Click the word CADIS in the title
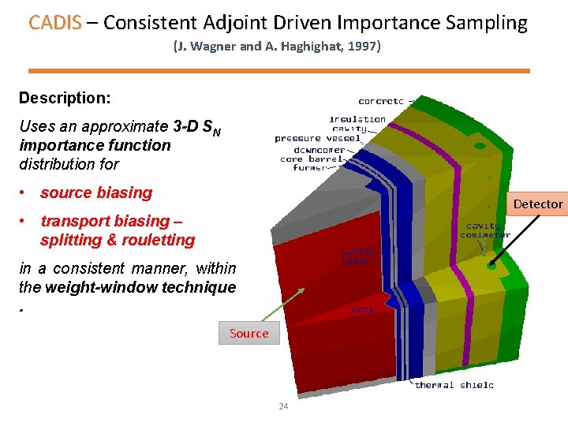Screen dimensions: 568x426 coord(54,22)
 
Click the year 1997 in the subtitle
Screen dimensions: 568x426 coord(363,47)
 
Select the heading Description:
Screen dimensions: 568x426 coord(65,98)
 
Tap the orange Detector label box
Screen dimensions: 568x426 coord(538,204)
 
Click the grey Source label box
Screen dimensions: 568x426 coord(248,333)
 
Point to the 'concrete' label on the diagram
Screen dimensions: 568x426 coord(381,101)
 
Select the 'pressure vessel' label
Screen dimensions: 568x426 coord(318,139)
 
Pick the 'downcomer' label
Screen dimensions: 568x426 coord(319,149)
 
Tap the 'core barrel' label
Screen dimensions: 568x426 coord(313,159)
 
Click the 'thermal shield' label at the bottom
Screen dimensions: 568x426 coord(454,385)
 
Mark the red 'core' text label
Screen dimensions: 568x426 coord(364,309)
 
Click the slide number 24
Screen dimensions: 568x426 coord(283,407)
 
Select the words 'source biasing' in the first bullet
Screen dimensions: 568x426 coord(95,192)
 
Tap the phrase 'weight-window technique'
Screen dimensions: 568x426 coord(140,287)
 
